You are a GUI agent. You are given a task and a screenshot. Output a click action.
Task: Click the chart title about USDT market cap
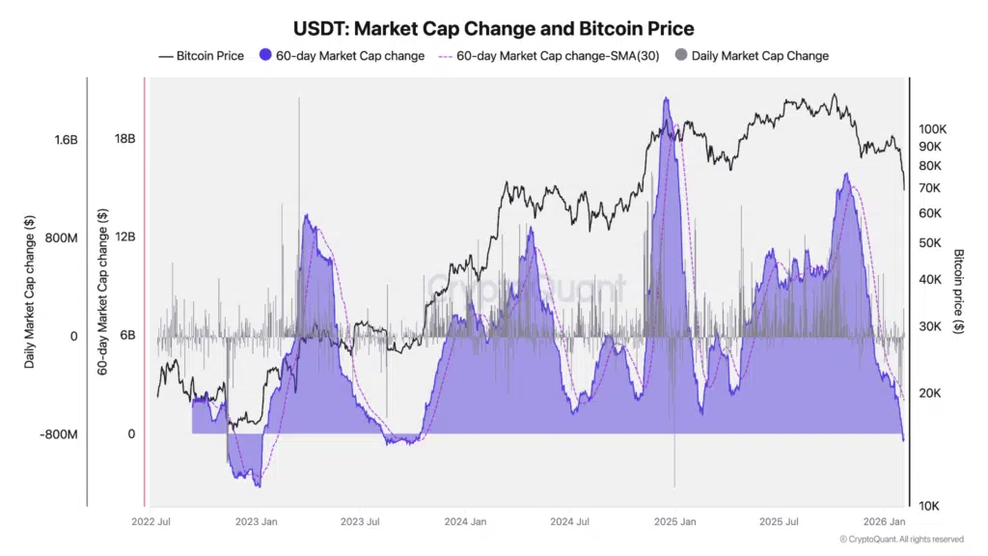(493, 29)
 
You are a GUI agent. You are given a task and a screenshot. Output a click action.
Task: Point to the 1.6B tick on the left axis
(66, 140)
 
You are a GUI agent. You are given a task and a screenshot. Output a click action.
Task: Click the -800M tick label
(59, 434)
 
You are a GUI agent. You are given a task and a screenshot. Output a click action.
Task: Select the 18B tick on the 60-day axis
(124, 139)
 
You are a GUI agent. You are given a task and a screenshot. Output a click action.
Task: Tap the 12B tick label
(124, 237)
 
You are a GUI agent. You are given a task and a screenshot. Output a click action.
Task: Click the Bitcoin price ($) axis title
(959, 291)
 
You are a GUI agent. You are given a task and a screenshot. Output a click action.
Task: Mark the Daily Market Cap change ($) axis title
(30, 290)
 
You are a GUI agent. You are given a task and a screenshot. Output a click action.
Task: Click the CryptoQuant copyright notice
(901, 540)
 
